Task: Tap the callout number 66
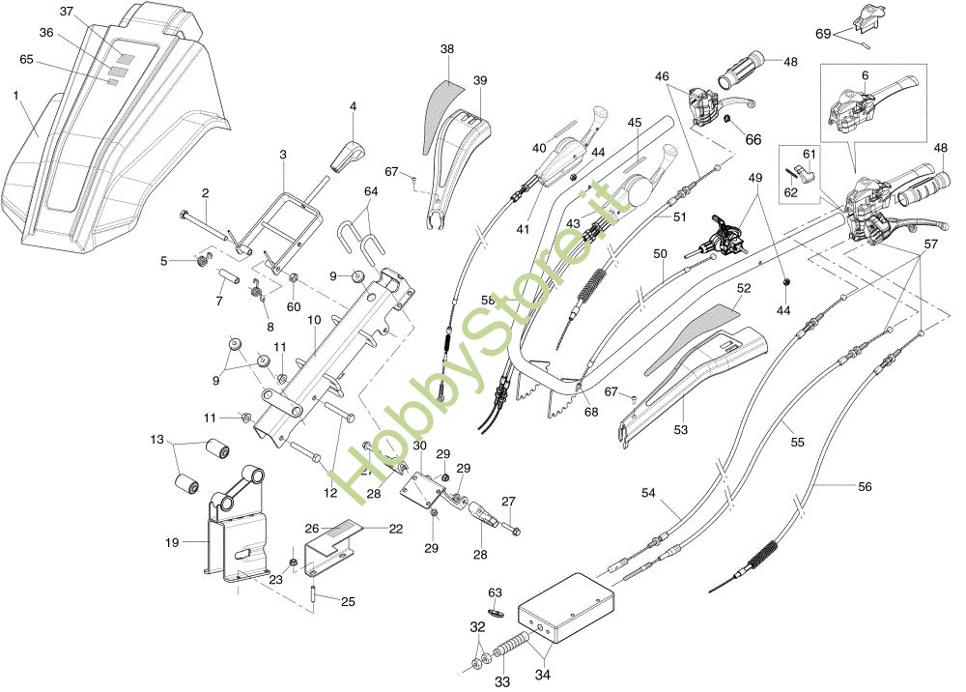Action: [x=753, y=140]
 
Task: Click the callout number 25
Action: [x=348, y=601]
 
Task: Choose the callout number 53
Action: [x=680, y=429]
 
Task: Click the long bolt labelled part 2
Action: [x=204, y=225]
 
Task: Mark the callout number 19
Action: [x=172, y=542]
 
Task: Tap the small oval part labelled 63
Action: [x=496, y=613]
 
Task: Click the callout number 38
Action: [x=447, y=48]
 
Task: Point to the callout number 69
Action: [x=823, y=34]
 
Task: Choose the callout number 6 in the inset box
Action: [x=865, y=75]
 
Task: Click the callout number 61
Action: [x=809, y=154]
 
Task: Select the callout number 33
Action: [x=502, y=682]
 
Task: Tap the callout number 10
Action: [x=314, y=320]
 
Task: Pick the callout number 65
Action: [x=26, y=59]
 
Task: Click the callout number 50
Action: [x=660, y=253]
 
